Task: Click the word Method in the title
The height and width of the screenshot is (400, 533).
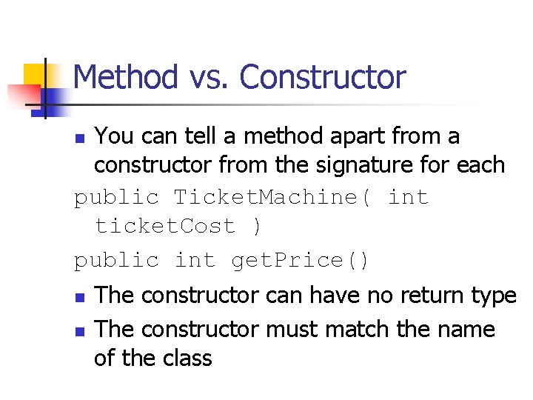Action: (x=127, y=77)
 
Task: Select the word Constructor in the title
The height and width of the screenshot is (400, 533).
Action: (x=324, y=77)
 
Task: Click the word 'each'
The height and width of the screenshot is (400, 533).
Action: (x=481, y=165)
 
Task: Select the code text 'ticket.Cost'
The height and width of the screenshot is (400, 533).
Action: (x=166, y=226)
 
